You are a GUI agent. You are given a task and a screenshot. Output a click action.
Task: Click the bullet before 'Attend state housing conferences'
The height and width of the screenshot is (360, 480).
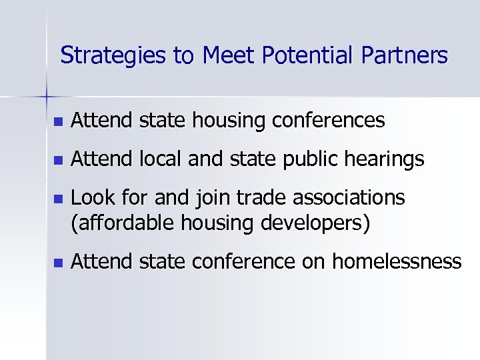click(x=58, y=122)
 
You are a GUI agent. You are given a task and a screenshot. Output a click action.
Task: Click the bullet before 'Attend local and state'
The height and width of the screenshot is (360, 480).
click(x=58, y=161)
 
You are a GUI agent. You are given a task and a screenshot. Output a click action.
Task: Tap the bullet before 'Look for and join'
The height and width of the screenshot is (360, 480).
click(x=58, y=199)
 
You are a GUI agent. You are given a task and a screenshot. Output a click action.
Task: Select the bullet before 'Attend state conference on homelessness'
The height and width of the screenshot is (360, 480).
click(x=58, y=262)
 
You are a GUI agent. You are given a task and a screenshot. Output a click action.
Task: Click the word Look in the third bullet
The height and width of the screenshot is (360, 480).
click(x=90, y=198)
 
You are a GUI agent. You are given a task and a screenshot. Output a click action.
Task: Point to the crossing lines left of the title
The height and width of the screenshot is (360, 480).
click(x=47, y=96)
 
